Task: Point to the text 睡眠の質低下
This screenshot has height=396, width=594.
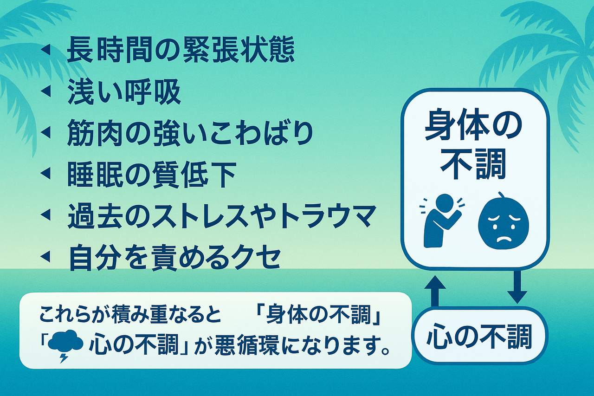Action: [x=151, y=175]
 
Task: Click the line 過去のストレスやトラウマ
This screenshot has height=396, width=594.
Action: [x=222, y=216]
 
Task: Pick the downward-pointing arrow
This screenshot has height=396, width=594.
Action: [x=517, y=287]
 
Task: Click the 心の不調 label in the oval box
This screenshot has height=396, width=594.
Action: [x=479, y=338]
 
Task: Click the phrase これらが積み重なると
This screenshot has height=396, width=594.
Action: [x=130, y=316]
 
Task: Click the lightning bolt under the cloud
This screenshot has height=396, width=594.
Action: [x=64, y=357]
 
